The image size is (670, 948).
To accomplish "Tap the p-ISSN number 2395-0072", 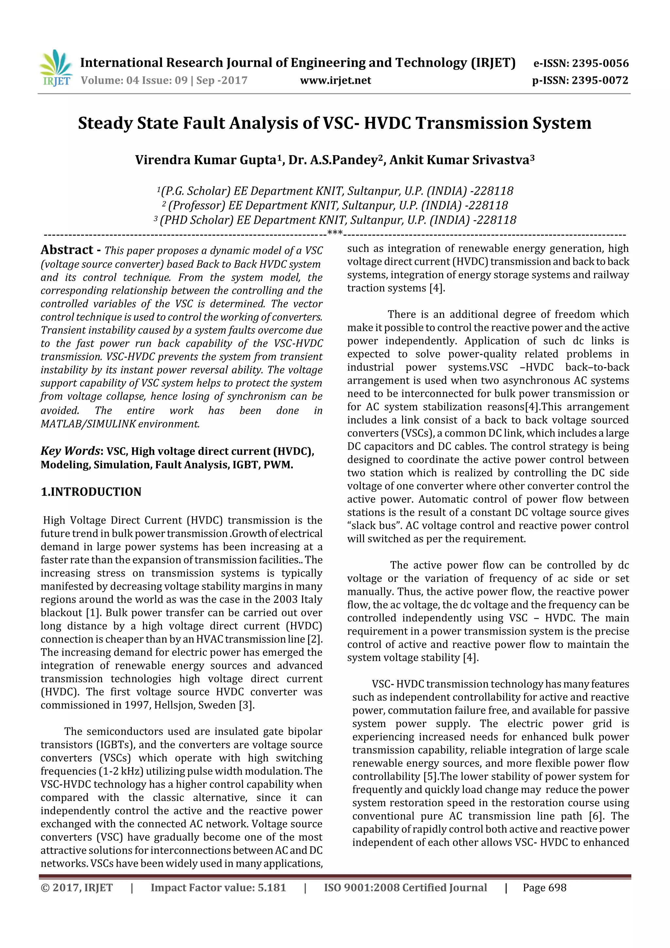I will point(600,80).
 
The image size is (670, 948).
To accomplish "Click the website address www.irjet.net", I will point(335,80).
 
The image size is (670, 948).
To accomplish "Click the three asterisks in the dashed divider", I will point(334,233).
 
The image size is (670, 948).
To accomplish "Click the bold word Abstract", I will point(67,250).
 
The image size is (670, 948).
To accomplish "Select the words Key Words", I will point(70,451).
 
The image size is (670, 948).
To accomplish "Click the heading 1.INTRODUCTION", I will point(91,492).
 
